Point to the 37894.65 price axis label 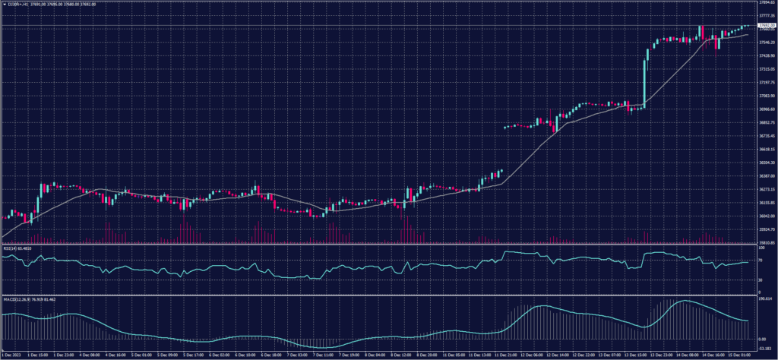(765, 3)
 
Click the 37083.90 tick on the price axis (765, 96)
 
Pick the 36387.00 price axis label (765, 175)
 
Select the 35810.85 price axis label (765, 242)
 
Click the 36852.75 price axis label (765, 122)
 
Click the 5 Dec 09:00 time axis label (167, 355)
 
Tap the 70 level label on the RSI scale (761, 260)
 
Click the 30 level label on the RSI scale (761, 279)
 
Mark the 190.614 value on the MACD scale (764, 299)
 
